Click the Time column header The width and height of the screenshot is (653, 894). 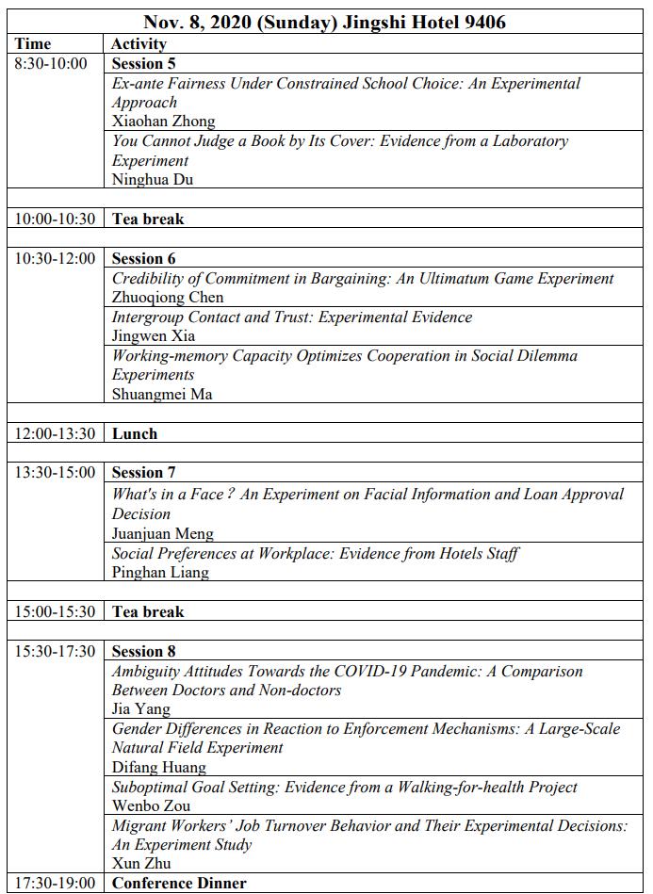(33, 43)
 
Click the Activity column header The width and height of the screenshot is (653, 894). (139, 43)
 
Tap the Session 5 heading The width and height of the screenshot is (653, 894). (143, 64)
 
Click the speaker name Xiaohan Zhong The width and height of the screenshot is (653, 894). (163, 122)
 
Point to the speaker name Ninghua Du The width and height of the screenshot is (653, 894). (153, 180)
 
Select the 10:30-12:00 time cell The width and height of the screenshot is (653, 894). (55, 258)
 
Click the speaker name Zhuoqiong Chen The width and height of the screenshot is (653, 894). (168, 298)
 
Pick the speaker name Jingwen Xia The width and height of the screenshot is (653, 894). (154, 336)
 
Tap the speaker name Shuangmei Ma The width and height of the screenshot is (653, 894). (162, 395)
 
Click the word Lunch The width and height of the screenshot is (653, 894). (135, 434)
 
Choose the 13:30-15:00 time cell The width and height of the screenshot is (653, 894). (55, 473)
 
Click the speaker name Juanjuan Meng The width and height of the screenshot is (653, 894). (162, 533)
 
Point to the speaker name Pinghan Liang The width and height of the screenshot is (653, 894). (160, 572)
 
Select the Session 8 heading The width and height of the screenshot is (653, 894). (143, 651)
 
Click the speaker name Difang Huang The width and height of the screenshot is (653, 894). (158, 768)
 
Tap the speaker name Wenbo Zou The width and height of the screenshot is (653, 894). (151, 806)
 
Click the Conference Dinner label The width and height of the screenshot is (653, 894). (179, 884)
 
